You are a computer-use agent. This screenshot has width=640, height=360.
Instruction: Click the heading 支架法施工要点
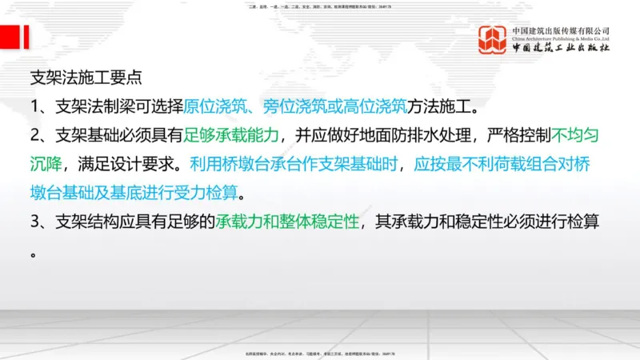[86, 78]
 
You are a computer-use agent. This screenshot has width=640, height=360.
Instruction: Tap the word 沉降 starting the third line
[47, 165]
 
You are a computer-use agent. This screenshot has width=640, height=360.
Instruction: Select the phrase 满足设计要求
[130, 165]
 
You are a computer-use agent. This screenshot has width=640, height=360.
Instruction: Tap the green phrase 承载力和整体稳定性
[286, 223]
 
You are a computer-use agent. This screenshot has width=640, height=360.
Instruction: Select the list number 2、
[41, 136]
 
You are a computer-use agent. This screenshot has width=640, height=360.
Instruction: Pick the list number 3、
[41, 223]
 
